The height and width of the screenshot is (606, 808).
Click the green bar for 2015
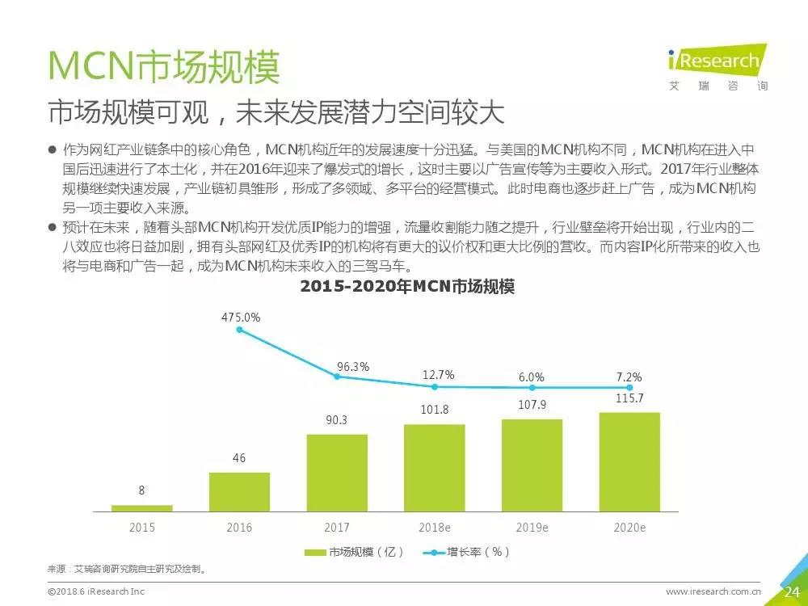coord(141,507)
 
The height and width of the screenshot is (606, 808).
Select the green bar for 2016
coord(239,491)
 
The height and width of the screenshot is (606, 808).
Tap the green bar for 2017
coord(337,473)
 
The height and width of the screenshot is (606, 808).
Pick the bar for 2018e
coord(434,468)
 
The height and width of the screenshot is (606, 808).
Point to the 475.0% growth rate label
coord(241,318)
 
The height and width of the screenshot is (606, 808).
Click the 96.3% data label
coord(353,367)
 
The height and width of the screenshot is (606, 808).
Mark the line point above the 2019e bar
coord(532,388)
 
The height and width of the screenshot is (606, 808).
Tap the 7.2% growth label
coord(628,377)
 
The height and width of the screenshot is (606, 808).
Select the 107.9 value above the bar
coord(532,405)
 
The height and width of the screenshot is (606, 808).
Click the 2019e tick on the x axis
coord(532,528)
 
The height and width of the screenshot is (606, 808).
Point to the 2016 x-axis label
coord(239,528)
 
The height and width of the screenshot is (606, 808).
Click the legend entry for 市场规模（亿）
coord(353,553)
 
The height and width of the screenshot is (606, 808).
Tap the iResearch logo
coord(714,66)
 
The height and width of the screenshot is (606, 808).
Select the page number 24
coord(792,592)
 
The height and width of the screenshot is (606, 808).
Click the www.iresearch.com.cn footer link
coord(713,592)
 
